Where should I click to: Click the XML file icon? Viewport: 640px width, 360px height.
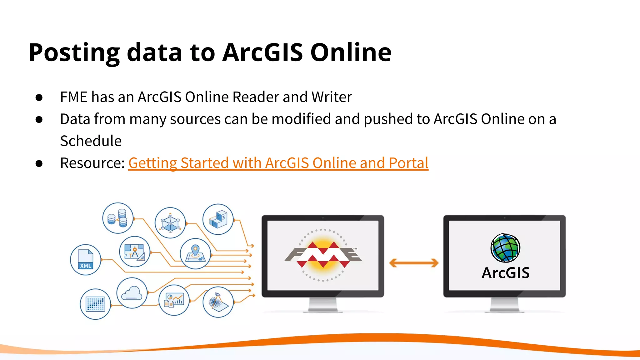point(85,260)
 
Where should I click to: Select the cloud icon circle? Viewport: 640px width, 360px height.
point(132,293)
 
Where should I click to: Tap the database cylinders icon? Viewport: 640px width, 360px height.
point(118,218)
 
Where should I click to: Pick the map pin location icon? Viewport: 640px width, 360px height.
point(195,254)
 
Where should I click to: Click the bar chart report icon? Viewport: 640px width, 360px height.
point(174,300)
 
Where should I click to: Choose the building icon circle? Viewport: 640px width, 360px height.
point(218,219)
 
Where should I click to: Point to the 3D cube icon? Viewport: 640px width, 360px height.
point(170,223)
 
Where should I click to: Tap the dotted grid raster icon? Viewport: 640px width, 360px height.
point(95,304)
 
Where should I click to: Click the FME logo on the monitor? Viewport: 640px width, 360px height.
point(323,255)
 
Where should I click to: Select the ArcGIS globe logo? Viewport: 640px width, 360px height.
point(505,248)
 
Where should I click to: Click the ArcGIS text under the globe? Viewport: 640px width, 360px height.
point(505,273)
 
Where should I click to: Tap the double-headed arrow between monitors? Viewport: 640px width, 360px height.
point(414,263)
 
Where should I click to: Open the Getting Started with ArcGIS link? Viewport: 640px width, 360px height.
point(278,163)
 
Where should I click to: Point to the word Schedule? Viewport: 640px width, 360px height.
point(91,141)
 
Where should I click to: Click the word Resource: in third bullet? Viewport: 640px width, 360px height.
point(92,163)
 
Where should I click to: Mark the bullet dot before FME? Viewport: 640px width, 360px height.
point(39,97)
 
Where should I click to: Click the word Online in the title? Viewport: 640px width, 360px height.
point(351,52)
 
